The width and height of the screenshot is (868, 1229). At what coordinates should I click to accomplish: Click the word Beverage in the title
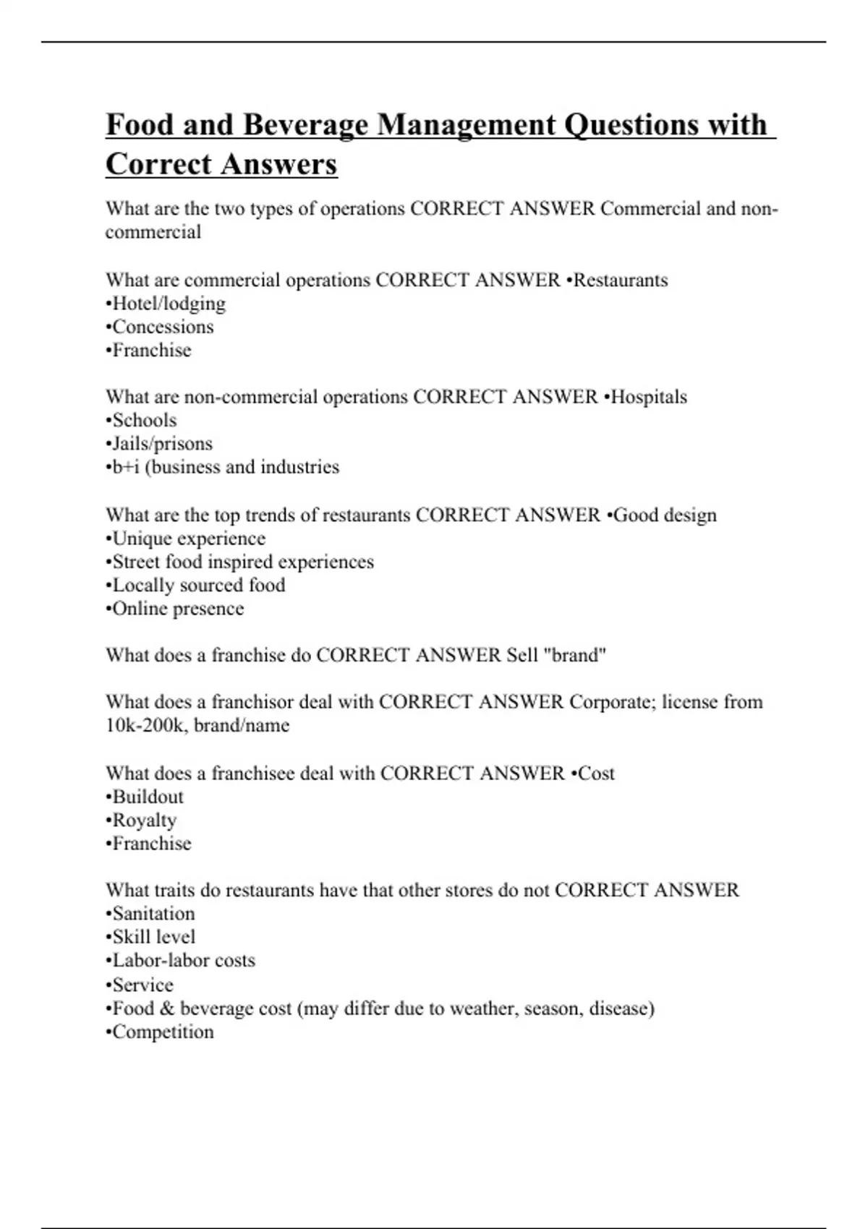tap(305, 125)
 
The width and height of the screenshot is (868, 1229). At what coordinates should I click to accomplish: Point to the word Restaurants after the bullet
tap(621, 281)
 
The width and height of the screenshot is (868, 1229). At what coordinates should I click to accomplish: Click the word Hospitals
tap(649, 397)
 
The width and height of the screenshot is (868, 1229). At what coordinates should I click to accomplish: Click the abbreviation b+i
tap(124, 467)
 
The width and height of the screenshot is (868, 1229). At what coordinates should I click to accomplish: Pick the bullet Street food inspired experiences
tap(240, 562)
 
